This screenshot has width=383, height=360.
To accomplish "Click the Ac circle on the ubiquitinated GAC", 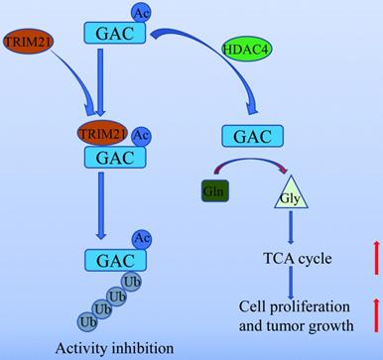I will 142,239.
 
